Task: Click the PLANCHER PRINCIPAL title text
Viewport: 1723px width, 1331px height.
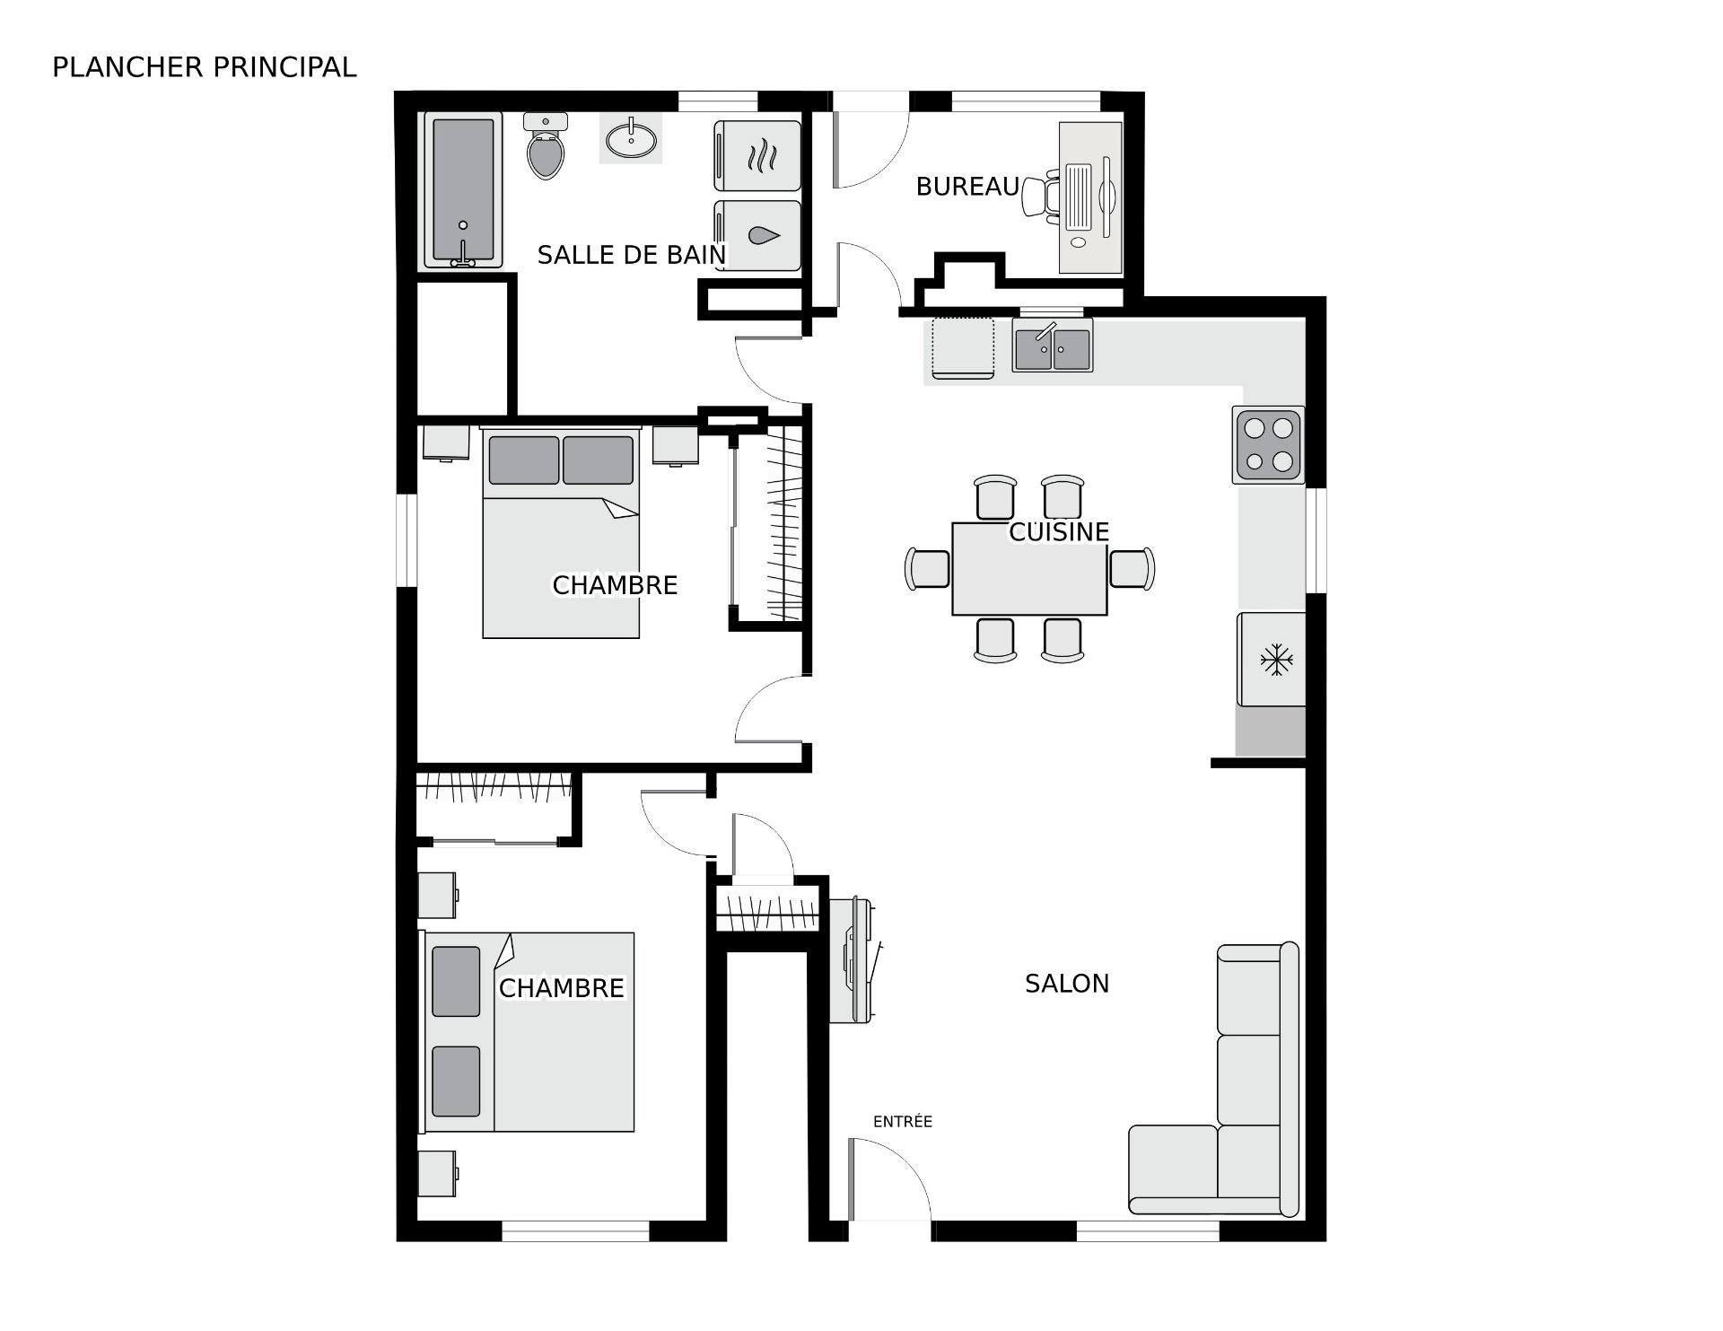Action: click(x=204, y=67)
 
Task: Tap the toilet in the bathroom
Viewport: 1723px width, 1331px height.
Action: click(x=546, y=151)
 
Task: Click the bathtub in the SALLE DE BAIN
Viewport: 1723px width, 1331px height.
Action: click(x=462, y=191)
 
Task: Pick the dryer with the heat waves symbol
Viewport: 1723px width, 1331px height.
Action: click(x=758, y=156)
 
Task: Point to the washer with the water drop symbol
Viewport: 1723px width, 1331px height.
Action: click(x=758, y=235)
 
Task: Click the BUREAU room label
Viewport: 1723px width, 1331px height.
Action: click(x=966, y=187)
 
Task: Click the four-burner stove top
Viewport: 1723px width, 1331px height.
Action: click(x=1268, y=444)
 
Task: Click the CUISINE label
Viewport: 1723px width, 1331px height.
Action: click(x=1059, y=532)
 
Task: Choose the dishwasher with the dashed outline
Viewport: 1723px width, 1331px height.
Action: click(x=962, y=346)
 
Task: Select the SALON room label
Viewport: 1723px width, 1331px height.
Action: click(x=1066, y=984)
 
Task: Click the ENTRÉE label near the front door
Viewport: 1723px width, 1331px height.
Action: click(x=902, y=1122)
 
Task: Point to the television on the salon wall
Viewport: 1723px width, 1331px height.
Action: click(x=853, y=960)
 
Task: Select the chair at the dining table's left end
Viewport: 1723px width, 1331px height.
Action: click(x=928, y=569)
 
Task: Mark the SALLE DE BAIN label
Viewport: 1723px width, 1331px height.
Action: click(x=631, y=256)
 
